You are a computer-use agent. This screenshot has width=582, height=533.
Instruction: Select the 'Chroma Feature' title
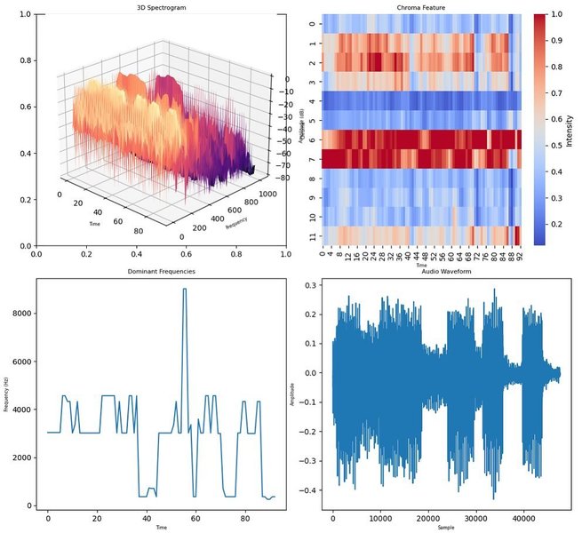click(x=421, y=7)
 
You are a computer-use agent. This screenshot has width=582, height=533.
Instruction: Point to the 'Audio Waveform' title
click(x=446, y=270)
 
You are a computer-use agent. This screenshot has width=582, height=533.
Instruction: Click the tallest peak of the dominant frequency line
click(x=185, y=290)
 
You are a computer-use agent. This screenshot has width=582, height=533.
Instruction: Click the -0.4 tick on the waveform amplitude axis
click(x=311, y=490)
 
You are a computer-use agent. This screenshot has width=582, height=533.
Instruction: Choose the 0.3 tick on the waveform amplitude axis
click(x=313, y=285)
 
